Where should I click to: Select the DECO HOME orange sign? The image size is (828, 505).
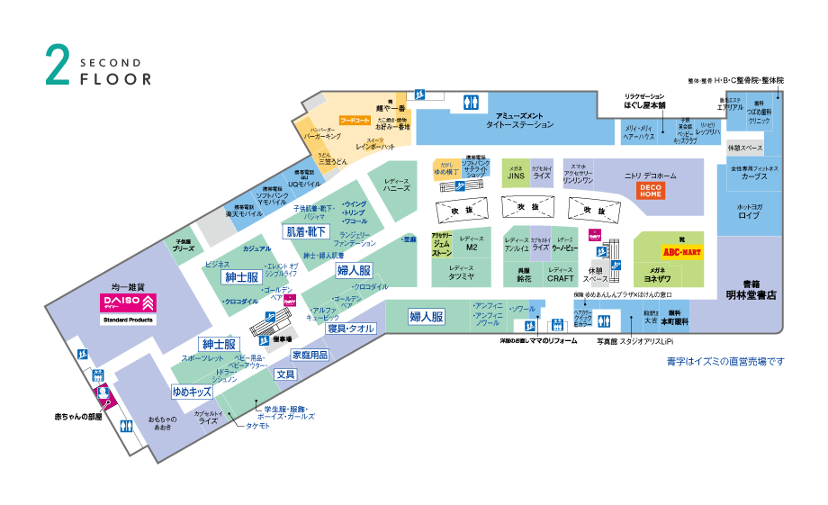pos(650,190)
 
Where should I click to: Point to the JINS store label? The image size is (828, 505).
pos(516,176)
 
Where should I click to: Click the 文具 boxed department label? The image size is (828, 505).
pos(285,374)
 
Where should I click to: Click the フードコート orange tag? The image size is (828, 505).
pos(355,120)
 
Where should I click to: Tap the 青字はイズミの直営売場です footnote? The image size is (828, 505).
pos(725,361)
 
